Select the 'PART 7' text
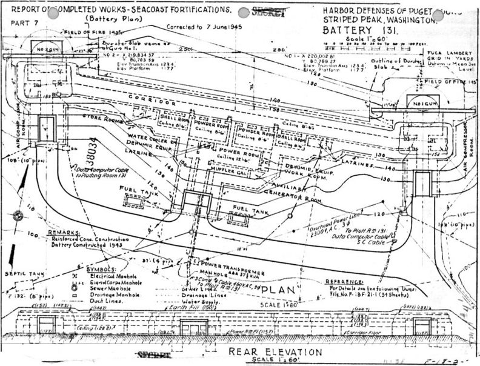click(x=21, y=23)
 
